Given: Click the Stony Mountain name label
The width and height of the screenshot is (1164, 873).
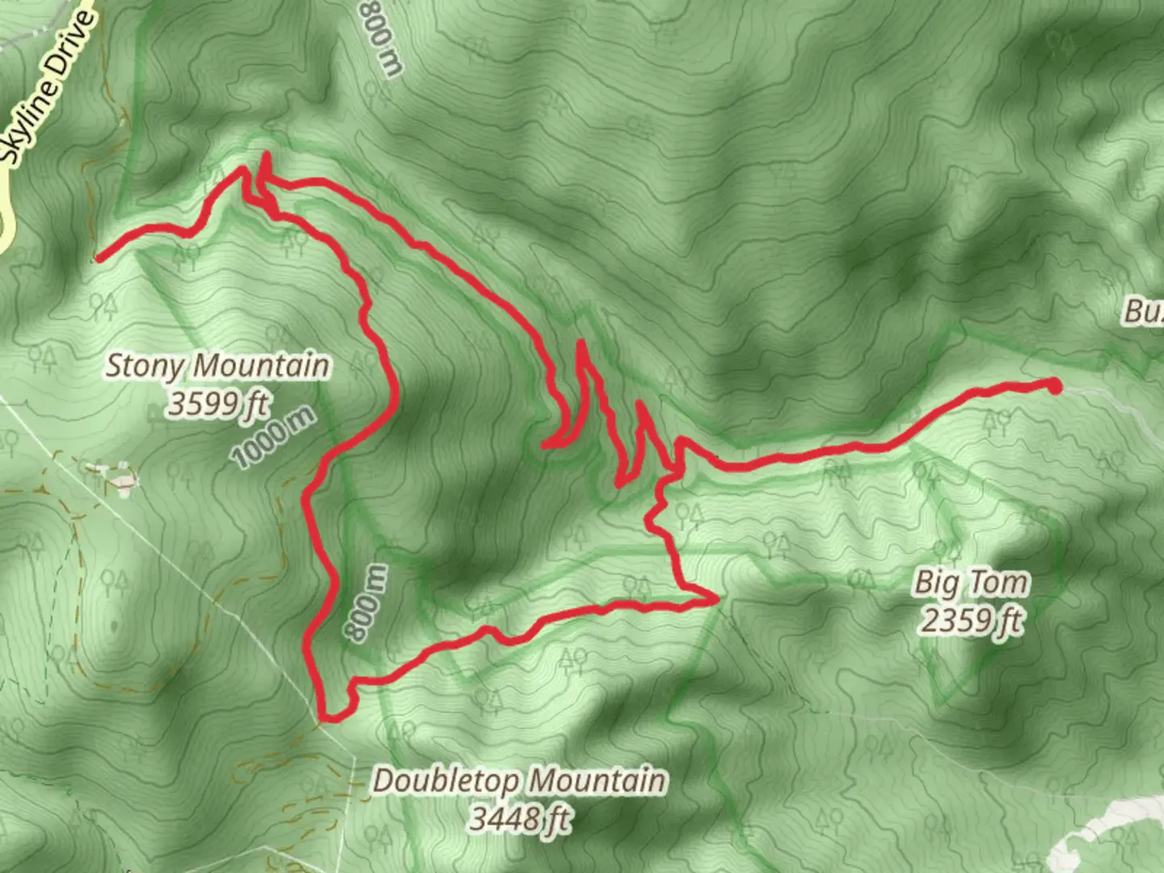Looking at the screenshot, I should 218,366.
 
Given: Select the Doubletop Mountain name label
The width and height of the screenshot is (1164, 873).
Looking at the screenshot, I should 520,781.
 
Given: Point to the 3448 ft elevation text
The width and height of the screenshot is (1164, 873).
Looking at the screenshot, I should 520,819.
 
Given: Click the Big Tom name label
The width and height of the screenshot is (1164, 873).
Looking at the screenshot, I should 972,582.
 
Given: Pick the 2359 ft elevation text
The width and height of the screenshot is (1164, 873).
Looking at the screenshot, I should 972,620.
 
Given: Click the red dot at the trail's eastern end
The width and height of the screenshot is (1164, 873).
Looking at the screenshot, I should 1054,386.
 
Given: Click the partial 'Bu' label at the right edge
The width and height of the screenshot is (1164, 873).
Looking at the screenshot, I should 1144,312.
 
